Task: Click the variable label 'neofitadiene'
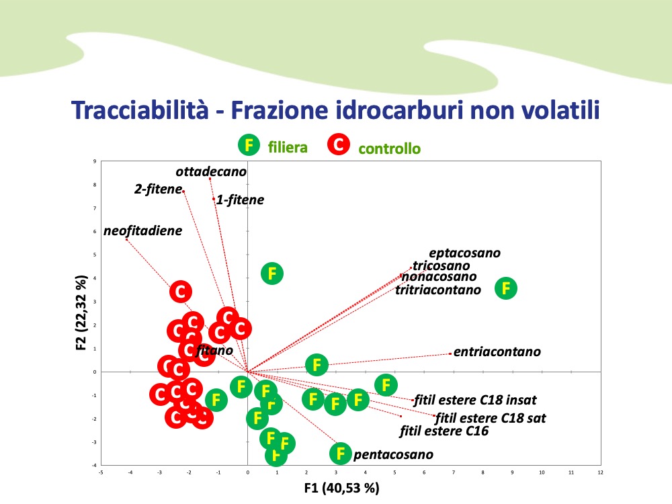pos(142,231)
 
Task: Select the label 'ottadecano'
pos(211,171)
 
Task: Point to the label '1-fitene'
pos(240,200)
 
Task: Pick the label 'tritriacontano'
pos(438,290)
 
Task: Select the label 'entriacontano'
pos(497,351)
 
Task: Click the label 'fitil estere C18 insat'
pos(475,400)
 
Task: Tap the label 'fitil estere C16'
pos(444,431)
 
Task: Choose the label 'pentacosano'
pos(393,455)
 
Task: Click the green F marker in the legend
pos(249,144)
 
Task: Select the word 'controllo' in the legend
pos(389,149)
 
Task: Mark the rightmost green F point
pos(507,288)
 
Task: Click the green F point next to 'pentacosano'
pos(341,453)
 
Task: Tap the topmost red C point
pos(180,291)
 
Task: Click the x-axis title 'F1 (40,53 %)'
pos(342,489)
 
